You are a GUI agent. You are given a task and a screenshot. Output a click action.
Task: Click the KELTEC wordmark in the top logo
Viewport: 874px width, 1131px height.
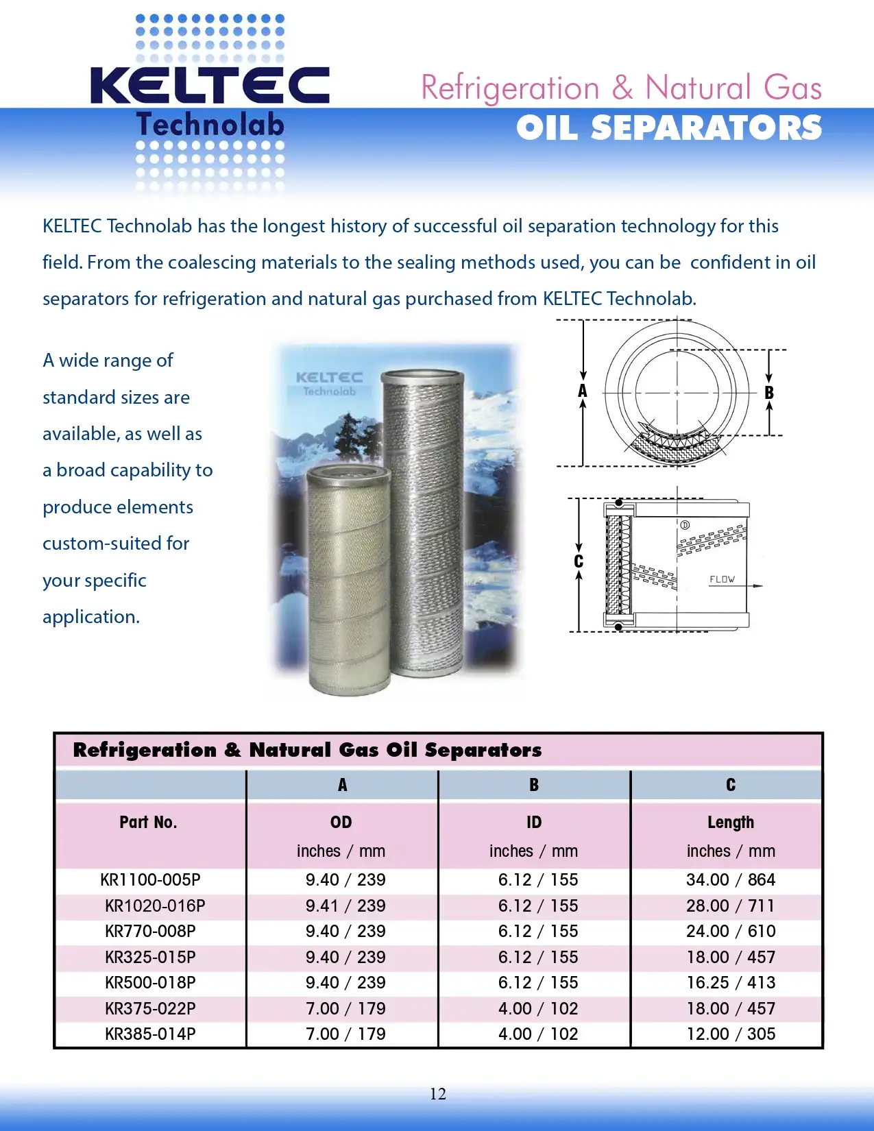(210, 86)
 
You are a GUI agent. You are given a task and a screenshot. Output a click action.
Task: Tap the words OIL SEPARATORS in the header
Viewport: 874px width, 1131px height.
(668, 128)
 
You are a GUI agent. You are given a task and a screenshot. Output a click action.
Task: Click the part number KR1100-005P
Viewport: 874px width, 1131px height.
(150, 880)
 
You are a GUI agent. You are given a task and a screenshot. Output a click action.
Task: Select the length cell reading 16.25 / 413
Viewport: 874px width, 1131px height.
(731, 983)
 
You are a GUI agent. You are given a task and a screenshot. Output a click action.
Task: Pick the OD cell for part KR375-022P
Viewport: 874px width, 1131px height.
(345, 1009)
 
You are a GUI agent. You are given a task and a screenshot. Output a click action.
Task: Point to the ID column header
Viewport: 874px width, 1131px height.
(534, 823)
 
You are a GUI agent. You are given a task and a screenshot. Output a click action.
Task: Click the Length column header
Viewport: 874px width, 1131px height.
(731, 823)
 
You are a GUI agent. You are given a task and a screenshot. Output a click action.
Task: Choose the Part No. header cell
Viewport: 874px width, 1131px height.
(148, 823)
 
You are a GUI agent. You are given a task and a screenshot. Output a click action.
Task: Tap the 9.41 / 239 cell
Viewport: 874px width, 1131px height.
(345, 906)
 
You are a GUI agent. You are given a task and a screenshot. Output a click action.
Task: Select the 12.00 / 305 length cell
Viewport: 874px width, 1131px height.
(731, 1034)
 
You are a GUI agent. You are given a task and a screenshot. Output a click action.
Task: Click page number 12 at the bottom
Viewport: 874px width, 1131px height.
(437, 1094)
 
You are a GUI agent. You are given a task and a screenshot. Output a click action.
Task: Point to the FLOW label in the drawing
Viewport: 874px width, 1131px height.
(722, 580)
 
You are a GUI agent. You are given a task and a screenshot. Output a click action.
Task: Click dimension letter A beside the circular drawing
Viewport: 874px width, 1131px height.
(583, 391)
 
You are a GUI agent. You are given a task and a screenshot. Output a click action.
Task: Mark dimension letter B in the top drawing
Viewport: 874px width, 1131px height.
(769, 393)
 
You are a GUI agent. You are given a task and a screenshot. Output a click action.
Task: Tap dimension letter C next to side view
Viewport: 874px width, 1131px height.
(579, 562)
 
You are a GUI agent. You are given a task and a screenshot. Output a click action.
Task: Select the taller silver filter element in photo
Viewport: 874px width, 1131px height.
(424, 521)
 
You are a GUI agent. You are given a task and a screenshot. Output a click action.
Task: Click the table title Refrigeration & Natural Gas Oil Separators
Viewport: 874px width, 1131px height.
(307, 751)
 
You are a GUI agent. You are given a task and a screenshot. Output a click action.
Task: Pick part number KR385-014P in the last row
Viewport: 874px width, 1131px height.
(150, 1034)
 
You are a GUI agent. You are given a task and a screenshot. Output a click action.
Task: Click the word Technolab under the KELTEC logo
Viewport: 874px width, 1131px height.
(210, 125)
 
